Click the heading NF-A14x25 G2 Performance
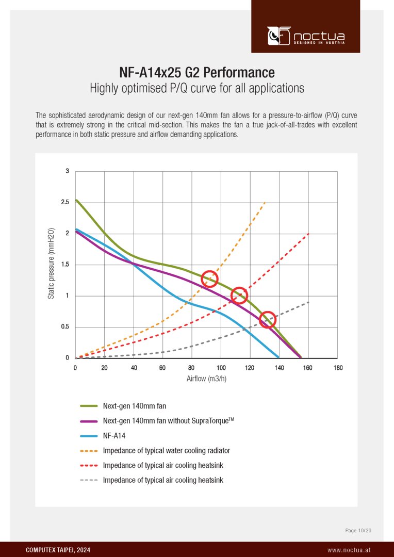click(197, 71)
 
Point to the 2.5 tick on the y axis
click(65, 202)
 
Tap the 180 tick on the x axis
click(338, 368)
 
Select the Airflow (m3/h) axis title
click(206, 379)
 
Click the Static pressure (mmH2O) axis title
click(51, 264)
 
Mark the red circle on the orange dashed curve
click(209, 278)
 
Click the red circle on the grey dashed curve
click(267, 320)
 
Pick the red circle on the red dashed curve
click(239, 296)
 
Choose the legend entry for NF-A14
click(114, 435)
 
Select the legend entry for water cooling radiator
click(166, 450)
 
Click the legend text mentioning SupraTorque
click(169, 421)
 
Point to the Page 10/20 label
click(358, 530)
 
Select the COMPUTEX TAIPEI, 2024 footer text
click(58, 550)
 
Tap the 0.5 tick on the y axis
click(65, 327)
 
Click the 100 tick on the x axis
click(221, 368)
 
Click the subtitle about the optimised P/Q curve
click(197, 88)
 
